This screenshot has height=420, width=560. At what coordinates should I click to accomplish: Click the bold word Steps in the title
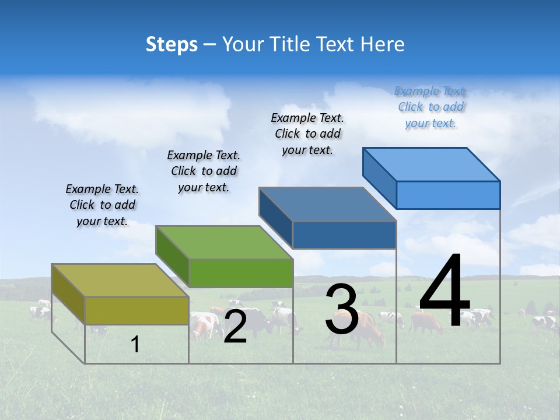coord(171,44)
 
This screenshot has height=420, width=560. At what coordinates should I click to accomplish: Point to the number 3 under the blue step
coord(342,309)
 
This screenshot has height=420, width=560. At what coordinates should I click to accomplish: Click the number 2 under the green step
coord(235,327)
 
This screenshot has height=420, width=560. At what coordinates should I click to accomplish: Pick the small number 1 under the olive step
coord(135,345)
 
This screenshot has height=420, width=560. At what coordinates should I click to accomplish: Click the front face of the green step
coord(241,273)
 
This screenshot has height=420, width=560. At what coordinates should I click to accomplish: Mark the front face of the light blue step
coord(448,195)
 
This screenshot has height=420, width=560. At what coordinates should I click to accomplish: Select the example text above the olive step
coord(102,205)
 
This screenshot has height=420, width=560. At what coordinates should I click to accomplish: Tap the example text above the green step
coord(204,171)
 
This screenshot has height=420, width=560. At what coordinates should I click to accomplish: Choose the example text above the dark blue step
coord(307,134)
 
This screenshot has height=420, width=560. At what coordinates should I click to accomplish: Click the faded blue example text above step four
coord(430,107)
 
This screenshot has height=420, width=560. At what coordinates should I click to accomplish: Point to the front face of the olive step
coord(137,310)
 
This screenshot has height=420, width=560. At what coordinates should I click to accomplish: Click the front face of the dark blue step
coord(344,235)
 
